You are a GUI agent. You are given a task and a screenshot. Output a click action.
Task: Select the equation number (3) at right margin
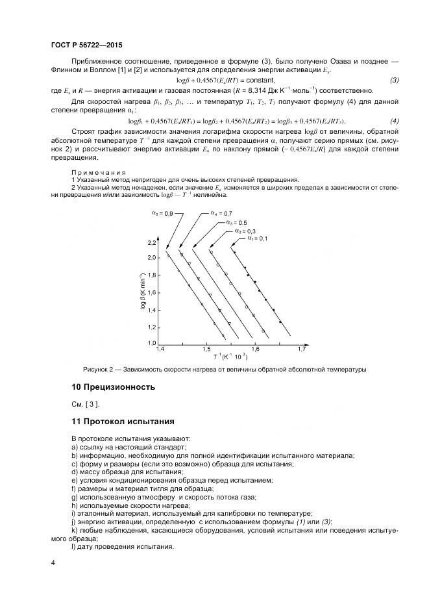coord(394,80)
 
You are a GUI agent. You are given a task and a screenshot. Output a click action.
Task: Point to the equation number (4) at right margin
coord(394,121)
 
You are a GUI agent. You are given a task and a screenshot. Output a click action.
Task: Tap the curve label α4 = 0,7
coord(221,212)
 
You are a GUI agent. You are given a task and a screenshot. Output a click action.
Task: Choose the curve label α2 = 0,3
coord(246,231)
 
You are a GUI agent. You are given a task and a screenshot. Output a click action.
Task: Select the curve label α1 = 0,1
coord(258,238)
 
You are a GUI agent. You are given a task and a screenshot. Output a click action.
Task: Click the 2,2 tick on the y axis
coord(152,243)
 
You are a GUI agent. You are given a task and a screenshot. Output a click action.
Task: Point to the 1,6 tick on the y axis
coord(152,293)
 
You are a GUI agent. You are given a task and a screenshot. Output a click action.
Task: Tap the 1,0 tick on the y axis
coord(152,342)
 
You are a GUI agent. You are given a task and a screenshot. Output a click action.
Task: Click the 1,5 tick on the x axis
coord(206,349)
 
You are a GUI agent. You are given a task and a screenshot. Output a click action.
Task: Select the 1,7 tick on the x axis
coord(301,349)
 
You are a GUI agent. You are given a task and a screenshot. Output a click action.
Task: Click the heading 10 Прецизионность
coord(113,386)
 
